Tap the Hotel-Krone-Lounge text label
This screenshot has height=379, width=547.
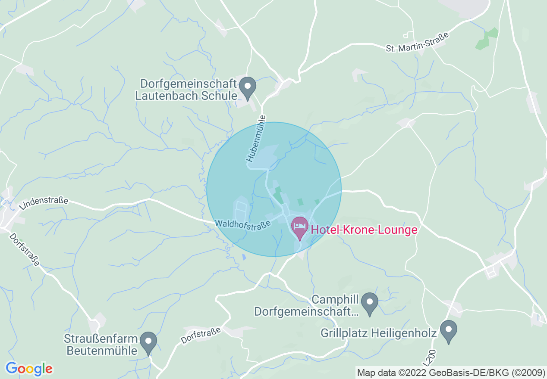pos(364,230)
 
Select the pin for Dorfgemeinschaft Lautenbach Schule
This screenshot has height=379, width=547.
pos(248,87)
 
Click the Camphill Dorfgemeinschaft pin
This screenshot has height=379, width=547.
pos(369,303)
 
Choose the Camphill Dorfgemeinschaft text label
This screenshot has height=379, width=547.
pos(306,305)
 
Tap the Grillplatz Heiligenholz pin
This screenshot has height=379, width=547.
pos(449,331)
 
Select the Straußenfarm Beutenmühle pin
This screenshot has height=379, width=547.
pos(149,342)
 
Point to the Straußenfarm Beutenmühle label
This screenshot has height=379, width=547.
pos(101,345)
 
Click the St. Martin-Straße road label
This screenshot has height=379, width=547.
pos(417,42)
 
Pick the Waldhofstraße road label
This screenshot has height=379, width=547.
pos(242,224)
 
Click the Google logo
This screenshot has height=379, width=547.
pos(29,369)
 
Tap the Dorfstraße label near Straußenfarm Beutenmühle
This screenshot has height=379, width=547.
pos(201,335)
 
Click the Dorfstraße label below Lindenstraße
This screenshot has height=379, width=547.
pos(24,249)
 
